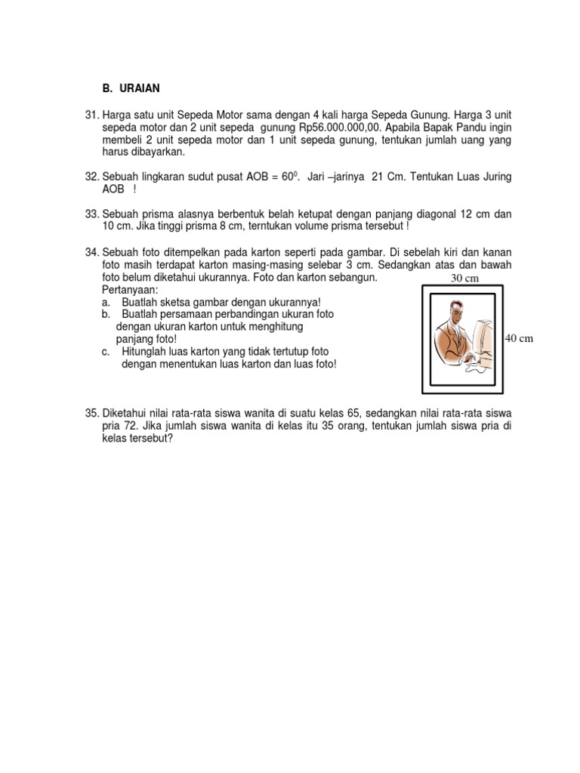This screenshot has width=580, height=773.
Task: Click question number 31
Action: coord(92,114)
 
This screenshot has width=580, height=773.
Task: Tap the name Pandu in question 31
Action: coord(469,127)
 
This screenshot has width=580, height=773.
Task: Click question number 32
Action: coord(92,177)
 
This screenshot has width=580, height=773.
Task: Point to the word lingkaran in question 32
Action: coord(165,177)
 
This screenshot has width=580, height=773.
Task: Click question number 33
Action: coord(92,214)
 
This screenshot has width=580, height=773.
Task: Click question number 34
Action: coord(92,252)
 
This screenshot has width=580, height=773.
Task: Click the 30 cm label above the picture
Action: coord(465,279)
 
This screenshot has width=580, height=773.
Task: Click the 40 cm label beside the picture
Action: coord(519,338)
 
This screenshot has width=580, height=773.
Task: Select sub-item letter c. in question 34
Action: coord(106,352)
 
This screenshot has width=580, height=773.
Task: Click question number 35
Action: coord(92,413)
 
